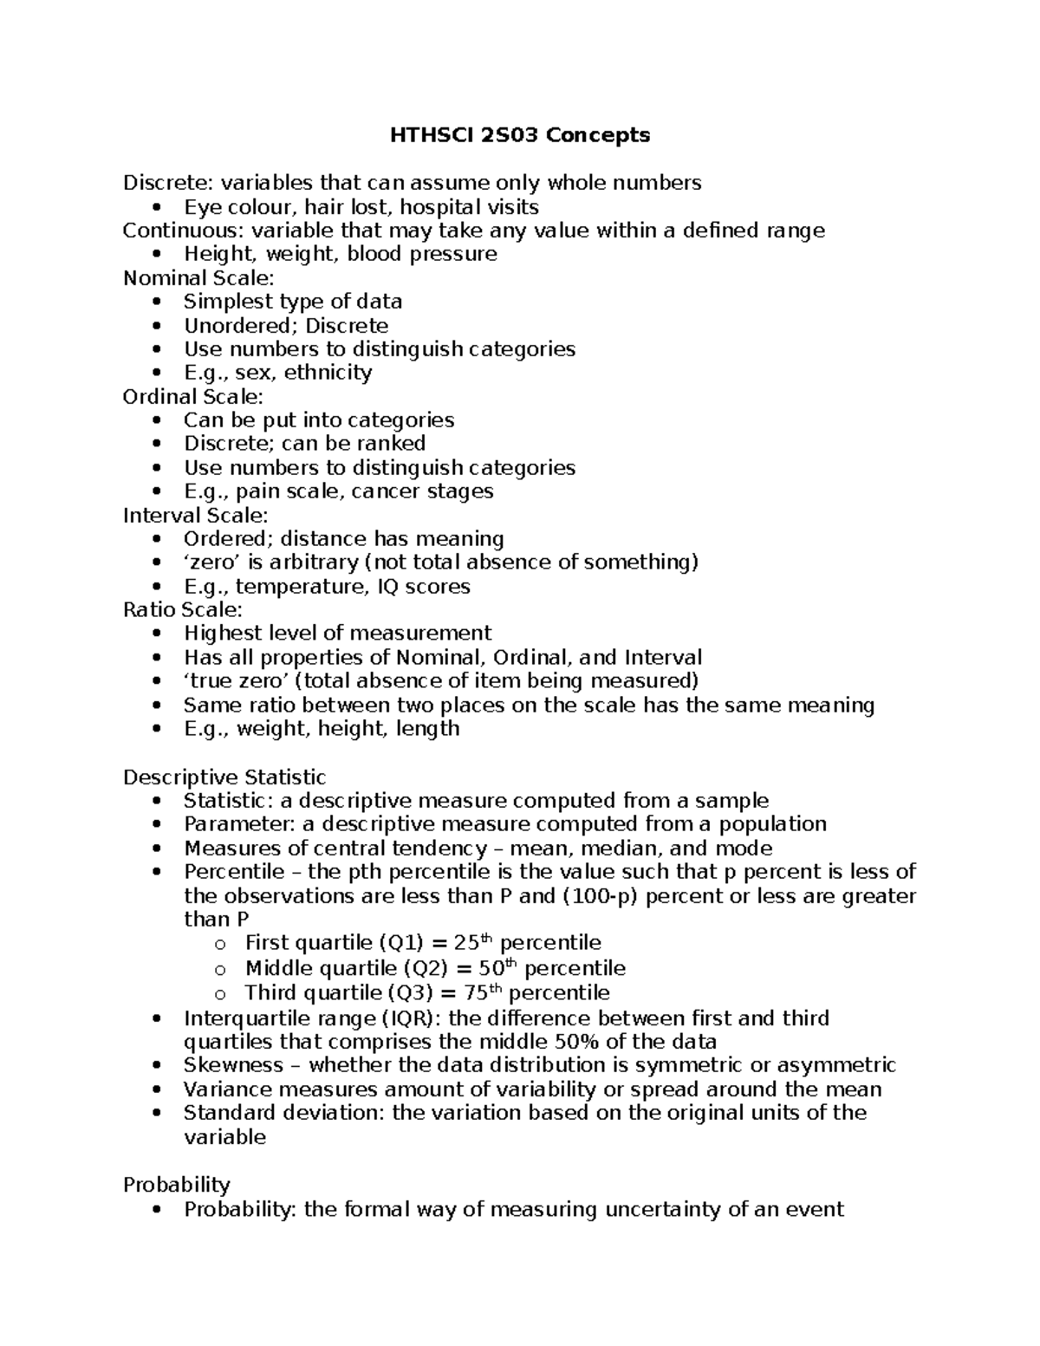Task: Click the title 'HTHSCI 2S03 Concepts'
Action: [x=519, y=135]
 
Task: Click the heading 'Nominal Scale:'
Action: [x=198, y=278]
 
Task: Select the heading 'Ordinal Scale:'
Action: [x=193, y=397]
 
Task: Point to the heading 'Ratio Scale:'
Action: [x=183, y=610]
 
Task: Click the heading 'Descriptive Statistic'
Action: [x=224, y=777]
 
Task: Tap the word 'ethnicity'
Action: [x=328, y=373]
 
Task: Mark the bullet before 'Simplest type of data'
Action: [x=156, y=302]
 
